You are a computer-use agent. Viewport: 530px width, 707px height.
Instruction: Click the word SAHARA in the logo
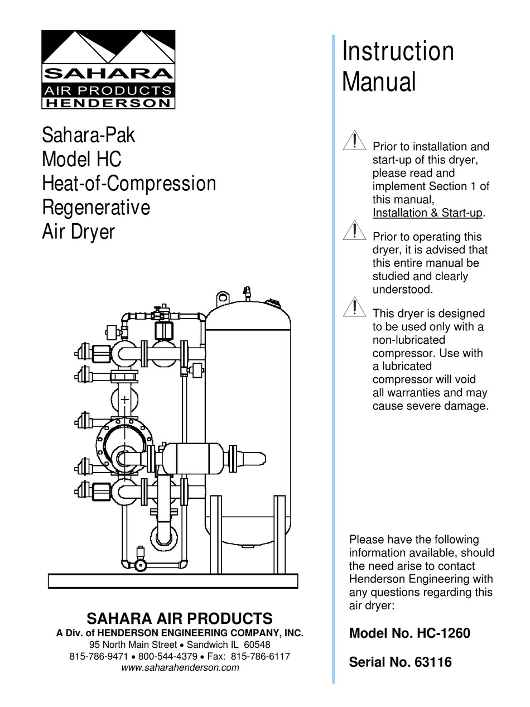(108, 74)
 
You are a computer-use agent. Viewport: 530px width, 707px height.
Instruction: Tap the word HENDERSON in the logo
(108, 103)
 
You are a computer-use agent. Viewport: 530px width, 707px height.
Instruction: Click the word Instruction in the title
(398, 51)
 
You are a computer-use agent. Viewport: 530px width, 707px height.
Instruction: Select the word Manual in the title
(379, 81)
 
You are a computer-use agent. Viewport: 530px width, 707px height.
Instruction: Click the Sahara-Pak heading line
(88, 135)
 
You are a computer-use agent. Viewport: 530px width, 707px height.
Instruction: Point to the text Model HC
(81, 160)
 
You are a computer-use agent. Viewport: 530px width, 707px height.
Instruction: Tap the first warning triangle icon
(354, 141)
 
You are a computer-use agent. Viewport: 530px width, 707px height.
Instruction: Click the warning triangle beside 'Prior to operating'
(354, 231)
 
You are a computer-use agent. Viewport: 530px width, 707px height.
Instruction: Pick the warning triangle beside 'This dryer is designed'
(354, 307)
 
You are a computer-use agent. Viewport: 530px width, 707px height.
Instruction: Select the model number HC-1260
(442, 633)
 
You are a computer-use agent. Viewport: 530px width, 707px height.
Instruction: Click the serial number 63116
(433, 662)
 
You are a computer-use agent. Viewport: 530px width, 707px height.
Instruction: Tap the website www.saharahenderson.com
(180, 667)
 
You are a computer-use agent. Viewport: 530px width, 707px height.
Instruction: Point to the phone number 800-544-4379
(168, 656)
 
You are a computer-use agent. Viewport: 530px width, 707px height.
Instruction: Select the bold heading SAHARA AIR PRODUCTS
(180, 618)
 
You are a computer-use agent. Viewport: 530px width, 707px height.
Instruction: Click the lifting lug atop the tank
(223, 296)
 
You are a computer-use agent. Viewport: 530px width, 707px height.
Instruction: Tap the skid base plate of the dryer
(173, 581)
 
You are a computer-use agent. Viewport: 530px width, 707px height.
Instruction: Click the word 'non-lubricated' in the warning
(409, 340)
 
